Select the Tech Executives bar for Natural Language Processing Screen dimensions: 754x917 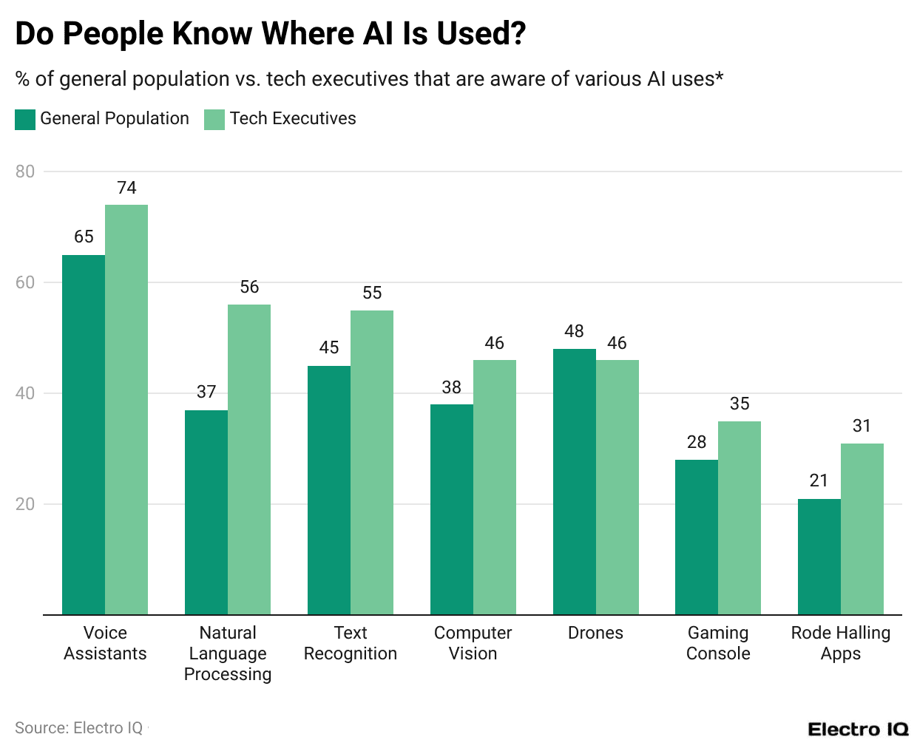(249, 459)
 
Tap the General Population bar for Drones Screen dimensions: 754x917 (574, 481)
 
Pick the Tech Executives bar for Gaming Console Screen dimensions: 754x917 (740, 517)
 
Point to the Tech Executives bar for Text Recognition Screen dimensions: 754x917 (372, 462)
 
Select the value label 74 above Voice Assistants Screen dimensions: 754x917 (126, 188)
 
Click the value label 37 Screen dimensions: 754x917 (206, 392)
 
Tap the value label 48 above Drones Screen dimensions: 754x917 (574, 331)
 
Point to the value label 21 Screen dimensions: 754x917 (819, 480)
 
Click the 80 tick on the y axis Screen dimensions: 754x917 (25, 171)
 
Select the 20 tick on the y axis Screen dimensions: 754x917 (25, 504)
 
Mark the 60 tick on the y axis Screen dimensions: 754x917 (25, 282)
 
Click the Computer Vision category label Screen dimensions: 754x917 (473, 643)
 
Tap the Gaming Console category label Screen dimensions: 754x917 (718, 643)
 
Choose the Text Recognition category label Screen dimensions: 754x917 (351, 643)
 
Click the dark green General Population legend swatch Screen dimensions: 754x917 (25, 119)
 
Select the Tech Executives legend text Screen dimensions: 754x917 (293, 118)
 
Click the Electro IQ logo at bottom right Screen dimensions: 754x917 (858, 730)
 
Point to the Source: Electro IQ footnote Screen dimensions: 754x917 (79, 728)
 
